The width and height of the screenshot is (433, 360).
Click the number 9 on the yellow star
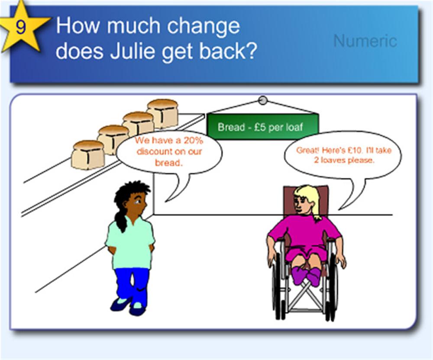[21, 27]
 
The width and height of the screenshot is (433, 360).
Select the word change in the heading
[203, 27]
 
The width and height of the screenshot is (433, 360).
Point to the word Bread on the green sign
[231, 127]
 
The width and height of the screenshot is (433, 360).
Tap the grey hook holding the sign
[263, 100]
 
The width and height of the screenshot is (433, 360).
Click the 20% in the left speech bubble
[193, 141]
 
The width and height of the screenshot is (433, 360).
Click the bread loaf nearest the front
[88, 155]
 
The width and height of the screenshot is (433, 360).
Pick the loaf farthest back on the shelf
[163, 113]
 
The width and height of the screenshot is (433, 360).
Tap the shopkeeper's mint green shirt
[130, 242]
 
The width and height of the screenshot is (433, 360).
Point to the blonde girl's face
[302, 203]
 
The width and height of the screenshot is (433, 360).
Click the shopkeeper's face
[137, 203]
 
